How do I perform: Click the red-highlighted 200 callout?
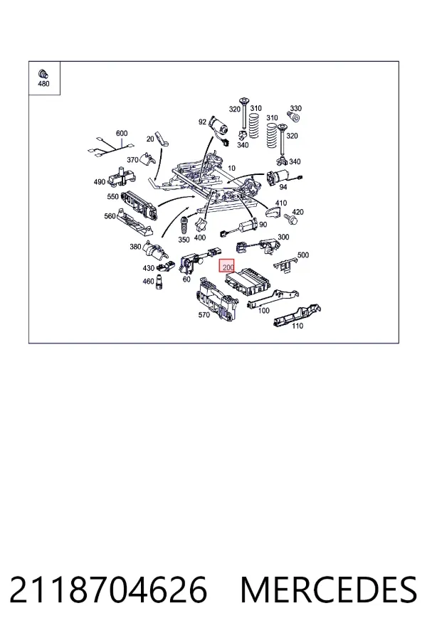pyautogui.click(x=227, y=267)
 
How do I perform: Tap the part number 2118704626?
pyautogui.click(x=108, y=590)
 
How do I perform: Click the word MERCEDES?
pyautogui.click(x=329, y=590)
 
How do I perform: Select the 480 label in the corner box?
pyautogui.click(x=43, y=84)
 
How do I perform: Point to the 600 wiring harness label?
pyautogui.click(x=122, y=133)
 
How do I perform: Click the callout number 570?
pyautogui.click(x=204, y=315)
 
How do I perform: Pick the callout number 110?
pyautogui.click(x=297, y=326)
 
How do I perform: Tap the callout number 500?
pyautogui.click(x=302, y=255)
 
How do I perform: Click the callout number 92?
pyautogui.click(x=202, y=122)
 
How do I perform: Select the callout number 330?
pyautogui.click(x=295, y=108)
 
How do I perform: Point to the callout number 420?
pyautogui.click(x=298, y=212)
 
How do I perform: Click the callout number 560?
pyautogui.click(x=110, y=216)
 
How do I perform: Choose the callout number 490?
pyautogui.click(x=100, y=181)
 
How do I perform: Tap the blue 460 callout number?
pyautogui.click(x=148, y=281)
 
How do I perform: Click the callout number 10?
pyautogui.click(x=232, y=168)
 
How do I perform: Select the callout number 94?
pyautogui.click(x=283, y=186)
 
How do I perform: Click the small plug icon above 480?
pyautogui.click(x=43, y=74)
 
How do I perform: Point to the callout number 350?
pyautogui.click(x=184, y=240)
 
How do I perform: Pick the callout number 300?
pyautogui.click(x=283, y=237)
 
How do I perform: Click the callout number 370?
pyautogui.click(x=132, y=160)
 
